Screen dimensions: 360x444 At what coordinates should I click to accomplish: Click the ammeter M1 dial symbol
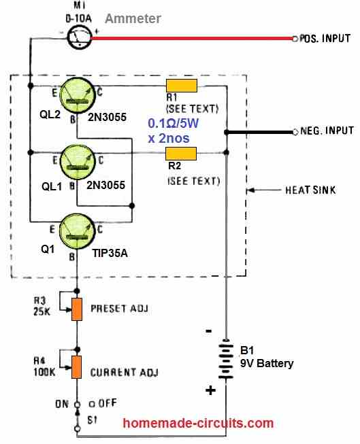(80, 37)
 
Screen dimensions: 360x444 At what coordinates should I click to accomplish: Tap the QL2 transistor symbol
(77, 95)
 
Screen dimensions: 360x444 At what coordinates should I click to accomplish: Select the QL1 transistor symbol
(77, 162)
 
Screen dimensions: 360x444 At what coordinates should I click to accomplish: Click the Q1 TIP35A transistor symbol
(77, 231)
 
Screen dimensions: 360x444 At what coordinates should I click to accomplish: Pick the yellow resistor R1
(182, 86)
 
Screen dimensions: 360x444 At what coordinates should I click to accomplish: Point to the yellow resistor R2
(181, 154)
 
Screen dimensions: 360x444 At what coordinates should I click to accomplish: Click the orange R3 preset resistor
(76, 309)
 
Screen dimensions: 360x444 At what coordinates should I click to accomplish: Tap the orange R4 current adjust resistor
(76, 367)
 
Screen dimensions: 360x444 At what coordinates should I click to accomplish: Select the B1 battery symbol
(226, 359)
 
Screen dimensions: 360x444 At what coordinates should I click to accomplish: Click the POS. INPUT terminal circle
(295, 38)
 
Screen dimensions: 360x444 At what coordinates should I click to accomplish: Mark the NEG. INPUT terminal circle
(295, 132)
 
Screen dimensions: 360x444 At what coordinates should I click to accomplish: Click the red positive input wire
(192, 38)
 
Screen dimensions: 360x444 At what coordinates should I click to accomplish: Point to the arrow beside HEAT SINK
(263, 190)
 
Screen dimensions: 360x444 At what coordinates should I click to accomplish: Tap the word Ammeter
(133, 18)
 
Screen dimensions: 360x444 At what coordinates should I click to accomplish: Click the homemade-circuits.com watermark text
(199, 423)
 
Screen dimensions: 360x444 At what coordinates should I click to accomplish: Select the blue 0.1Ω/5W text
(174, 123)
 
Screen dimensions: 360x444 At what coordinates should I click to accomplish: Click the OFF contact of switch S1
(92, 404)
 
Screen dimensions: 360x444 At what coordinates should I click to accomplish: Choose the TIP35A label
(110, 253)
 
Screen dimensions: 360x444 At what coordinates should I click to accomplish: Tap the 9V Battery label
(267, 363)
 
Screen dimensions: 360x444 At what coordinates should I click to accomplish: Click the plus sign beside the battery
(210, 390)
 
